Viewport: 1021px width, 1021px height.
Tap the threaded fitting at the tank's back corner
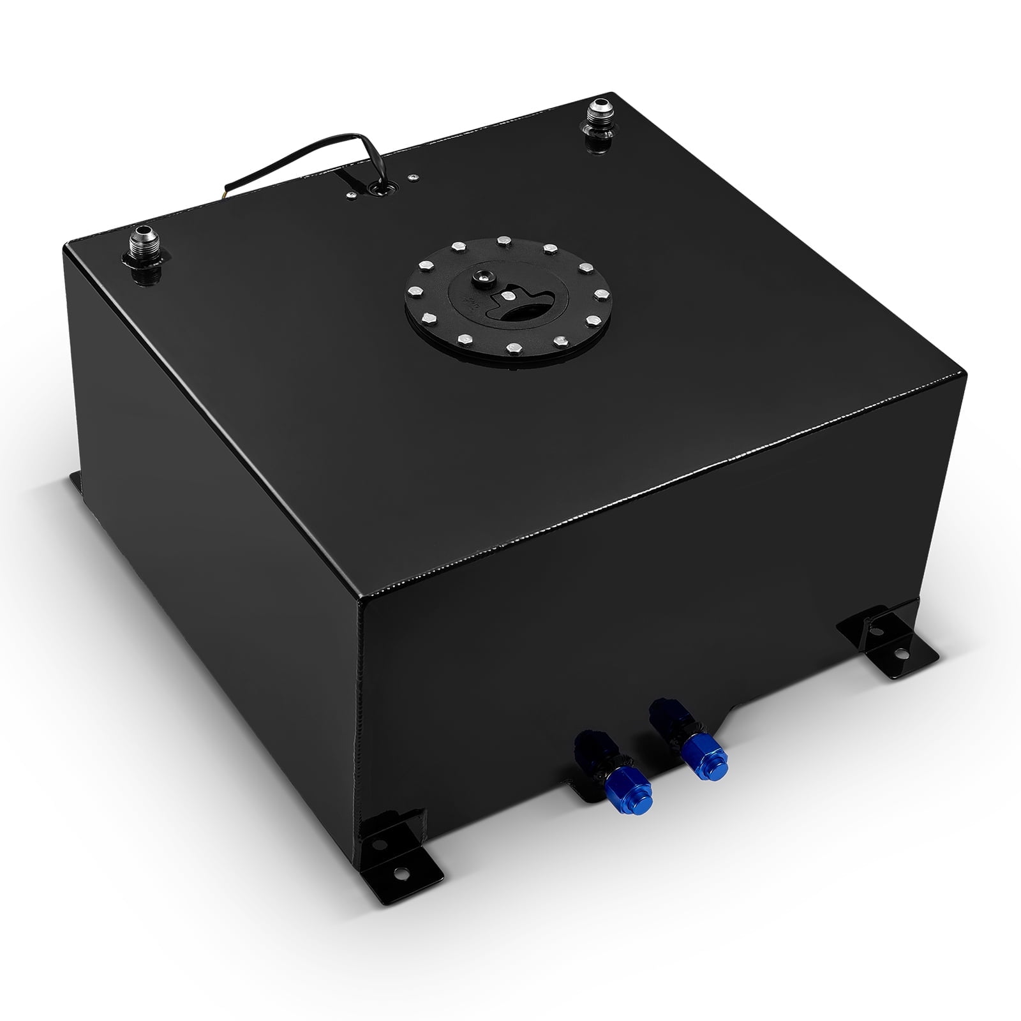coord(600,114)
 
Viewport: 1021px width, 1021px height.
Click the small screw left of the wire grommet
coord(350,197)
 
